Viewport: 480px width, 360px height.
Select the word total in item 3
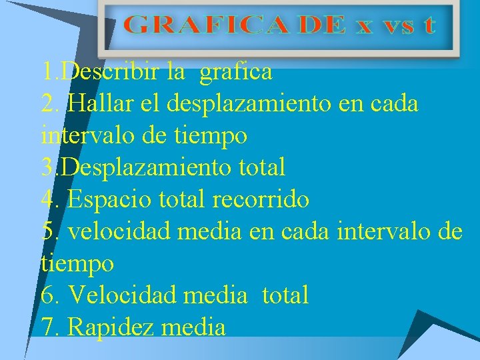pyautogui.click(x=261, y=167)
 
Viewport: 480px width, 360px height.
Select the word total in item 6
pyautogui.click(x=285, y=295)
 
